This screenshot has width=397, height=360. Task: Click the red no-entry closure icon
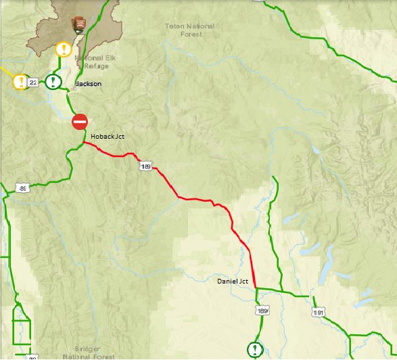point(80,122)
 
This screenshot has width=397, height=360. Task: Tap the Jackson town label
point(89,84)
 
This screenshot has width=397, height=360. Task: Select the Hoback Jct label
point(108,137)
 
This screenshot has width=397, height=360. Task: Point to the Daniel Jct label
point(233,281)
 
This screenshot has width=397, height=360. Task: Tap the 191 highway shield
point(318,313)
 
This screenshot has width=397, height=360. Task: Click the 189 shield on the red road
point(145,166)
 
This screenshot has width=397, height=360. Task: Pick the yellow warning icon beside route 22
point(20,82)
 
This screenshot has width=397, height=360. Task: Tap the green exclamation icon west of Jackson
point(53,83)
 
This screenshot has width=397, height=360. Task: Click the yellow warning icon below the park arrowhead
point(63,49)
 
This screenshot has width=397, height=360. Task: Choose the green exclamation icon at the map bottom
point(254,349)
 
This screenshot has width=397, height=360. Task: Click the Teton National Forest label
point(190,30)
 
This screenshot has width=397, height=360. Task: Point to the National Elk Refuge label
point(92,62)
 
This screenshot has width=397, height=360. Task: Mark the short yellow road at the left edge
point(7,70)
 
